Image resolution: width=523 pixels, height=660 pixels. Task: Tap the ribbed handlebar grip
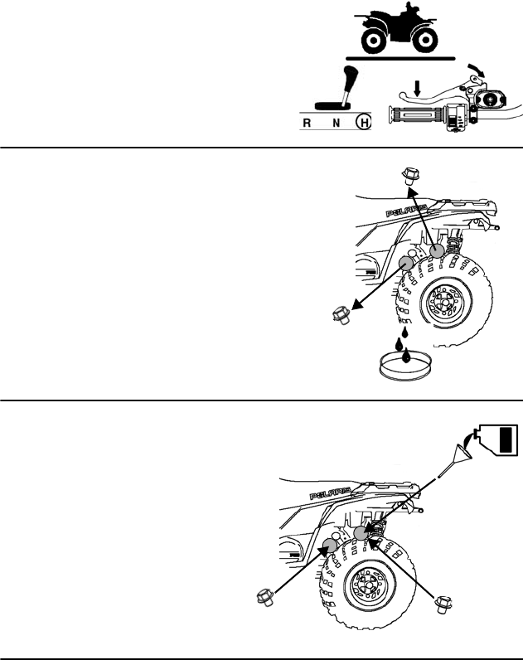(x=421, y=114)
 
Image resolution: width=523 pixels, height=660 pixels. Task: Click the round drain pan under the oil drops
(x=406, y=366)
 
